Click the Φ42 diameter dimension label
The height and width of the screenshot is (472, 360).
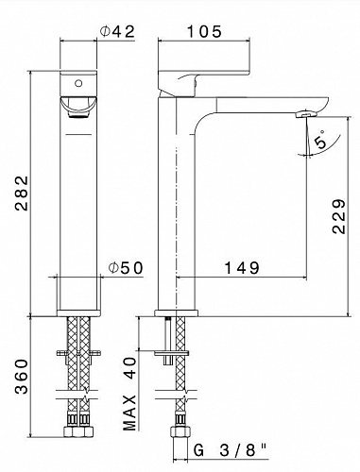tap(117, 31)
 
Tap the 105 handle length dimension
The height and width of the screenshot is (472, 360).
tap(204, 32)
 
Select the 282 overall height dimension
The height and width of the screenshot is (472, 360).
tap(22, 193)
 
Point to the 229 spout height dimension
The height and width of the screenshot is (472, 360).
tap(338, 216)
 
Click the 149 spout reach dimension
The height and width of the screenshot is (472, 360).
tap(242, 268)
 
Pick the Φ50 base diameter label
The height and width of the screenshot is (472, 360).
tap(126, 268)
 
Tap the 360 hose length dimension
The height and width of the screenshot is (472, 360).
tap(22, 377)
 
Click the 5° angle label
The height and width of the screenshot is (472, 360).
tap(322, 142)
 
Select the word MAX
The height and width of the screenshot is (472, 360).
tap(129, 413)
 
